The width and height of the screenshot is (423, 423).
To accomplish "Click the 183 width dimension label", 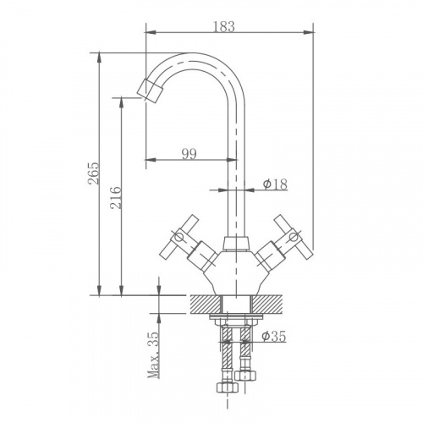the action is tap(223, 26).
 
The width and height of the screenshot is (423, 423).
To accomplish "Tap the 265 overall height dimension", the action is tap(94, 173).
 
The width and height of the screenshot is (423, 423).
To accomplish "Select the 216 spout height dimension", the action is tap(116, 197).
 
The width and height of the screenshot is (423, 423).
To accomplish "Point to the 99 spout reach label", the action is tap(189, 154).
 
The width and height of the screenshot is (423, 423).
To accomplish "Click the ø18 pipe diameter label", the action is tap(275, 184).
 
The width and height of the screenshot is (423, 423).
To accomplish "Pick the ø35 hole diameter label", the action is tap(273, 336).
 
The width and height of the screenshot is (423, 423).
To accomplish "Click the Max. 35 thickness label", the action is tap(153, 354).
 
